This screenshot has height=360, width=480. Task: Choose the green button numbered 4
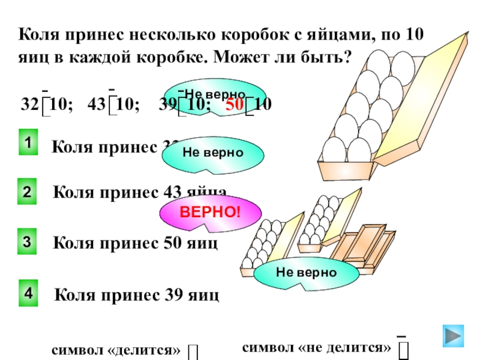(x=28, y=293)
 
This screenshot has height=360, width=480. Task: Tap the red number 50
(x=235, y=104)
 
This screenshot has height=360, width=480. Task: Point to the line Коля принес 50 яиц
(x=136, y=244)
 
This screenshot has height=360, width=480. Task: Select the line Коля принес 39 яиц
(x=137, y=295)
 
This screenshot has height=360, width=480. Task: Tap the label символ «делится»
(x=116, y=349)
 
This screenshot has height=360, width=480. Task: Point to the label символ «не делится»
(x=317, y=347)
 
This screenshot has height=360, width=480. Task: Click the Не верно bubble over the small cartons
(x=306, y=272)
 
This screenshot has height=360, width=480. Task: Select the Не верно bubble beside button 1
(x=213, y=153)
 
